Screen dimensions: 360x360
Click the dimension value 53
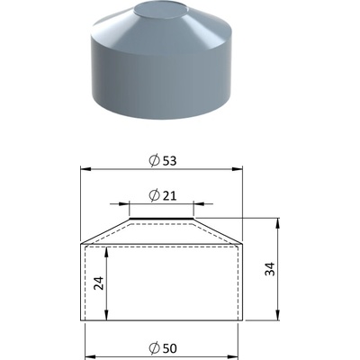(x=169, y=161)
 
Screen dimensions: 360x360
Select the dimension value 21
(x=169, y=196)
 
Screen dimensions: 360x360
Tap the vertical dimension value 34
(x=270, y=269)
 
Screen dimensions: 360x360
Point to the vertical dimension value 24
(x=99, y=283)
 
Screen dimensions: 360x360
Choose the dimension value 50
(x=169, y=348)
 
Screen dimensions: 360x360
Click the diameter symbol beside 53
(x=154, y=161)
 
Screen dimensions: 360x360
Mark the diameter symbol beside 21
(x=154, y=196)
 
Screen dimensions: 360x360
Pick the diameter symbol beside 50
(x=154, y=348)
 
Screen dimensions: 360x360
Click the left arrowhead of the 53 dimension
(x=85, y=169)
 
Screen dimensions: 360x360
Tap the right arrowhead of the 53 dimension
(x=237, y=169)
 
